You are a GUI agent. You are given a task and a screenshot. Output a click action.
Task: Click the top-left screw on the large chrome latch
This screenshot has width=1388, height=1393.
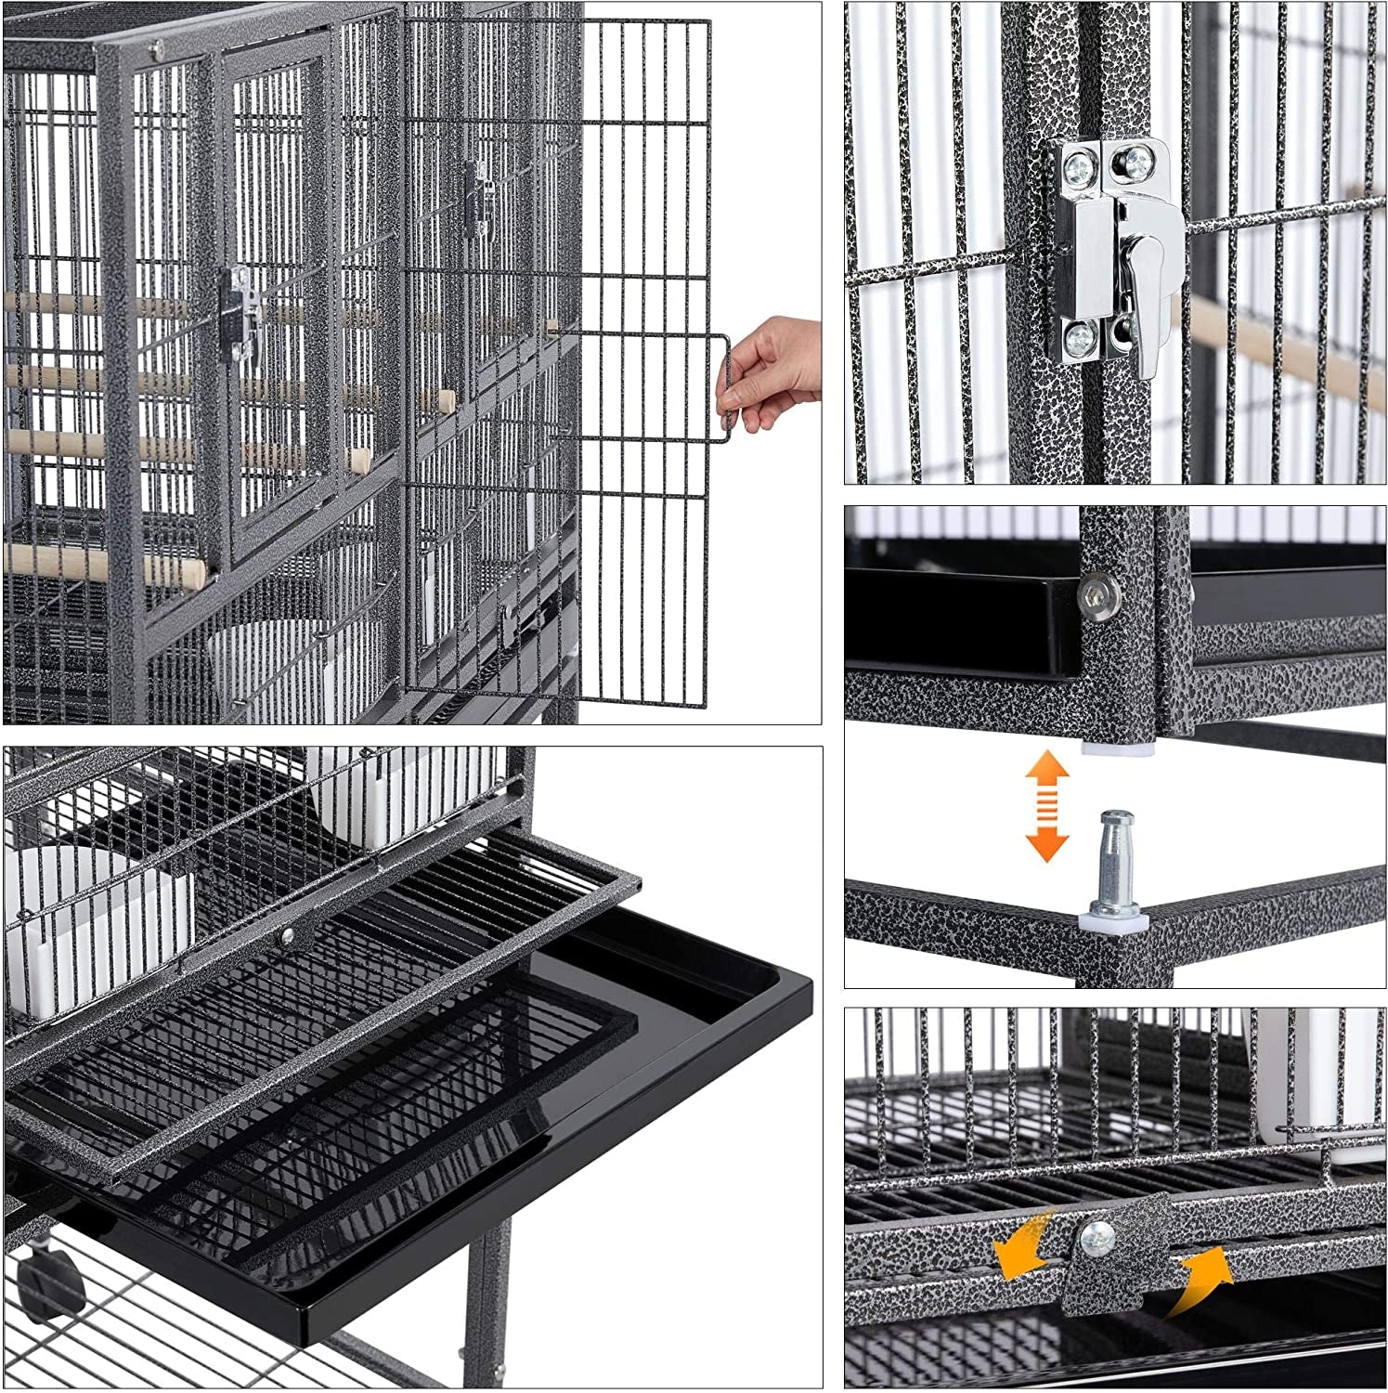click(x=1078, y=167)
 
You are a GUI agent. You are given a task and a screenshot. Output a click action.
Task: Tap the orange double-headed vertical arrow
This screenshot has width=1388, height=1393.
click(x=1046, y=806)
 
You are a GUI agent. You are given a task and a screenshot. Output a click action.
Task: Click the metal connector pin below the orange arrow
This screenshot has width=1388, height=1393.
click(x=1112, y=863)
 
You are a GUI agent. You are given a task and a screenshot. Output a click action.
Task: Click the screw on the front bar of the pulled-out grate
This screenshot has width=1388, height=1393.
click(x=288, y=936)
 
